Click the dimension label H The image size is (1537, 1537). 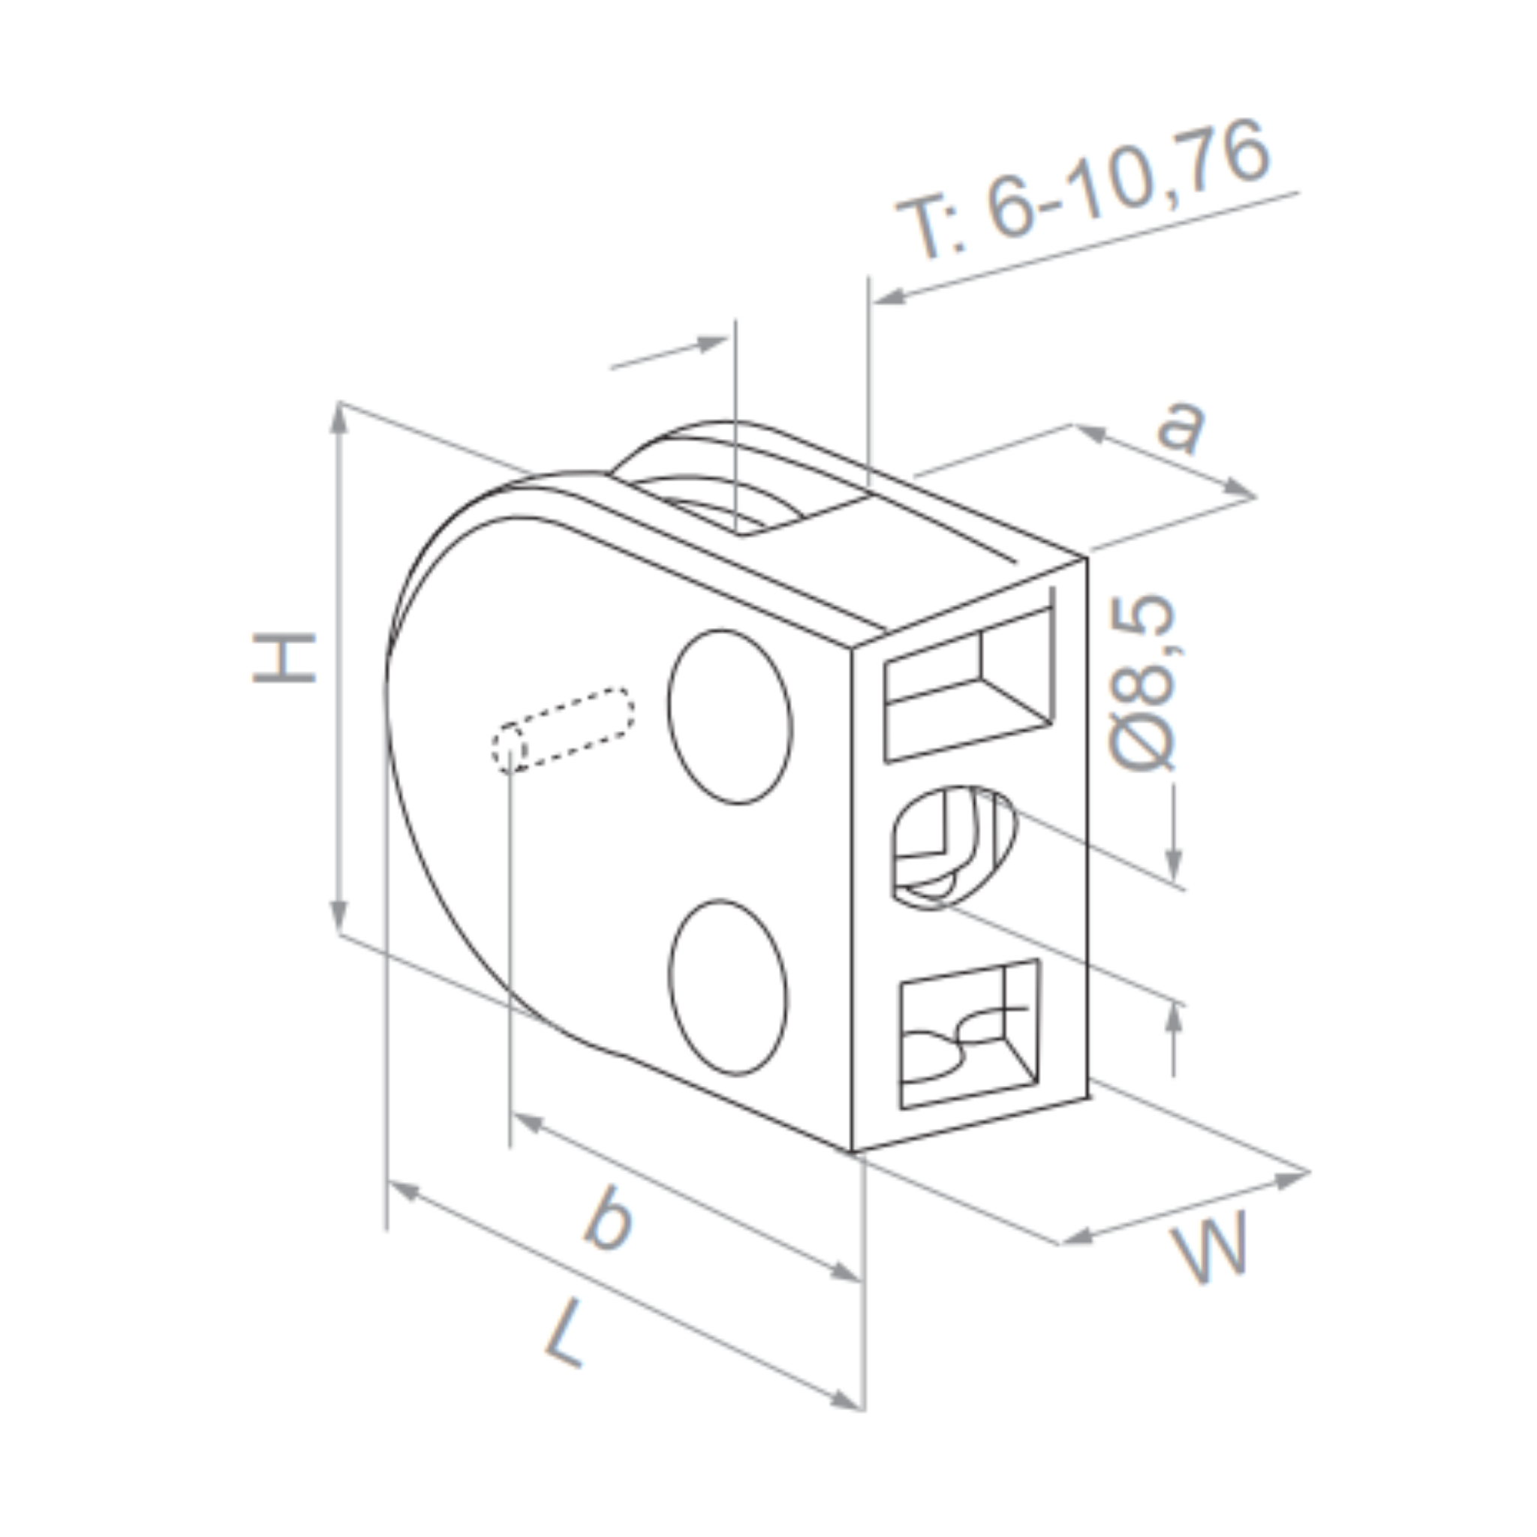[284, 658]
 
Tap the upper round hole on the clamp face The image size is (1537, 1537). [729, 717]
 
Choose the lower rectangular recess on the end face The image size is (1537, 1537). [968, 1034]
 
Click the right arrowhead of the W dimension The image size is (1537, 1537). [1292, 1178]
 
